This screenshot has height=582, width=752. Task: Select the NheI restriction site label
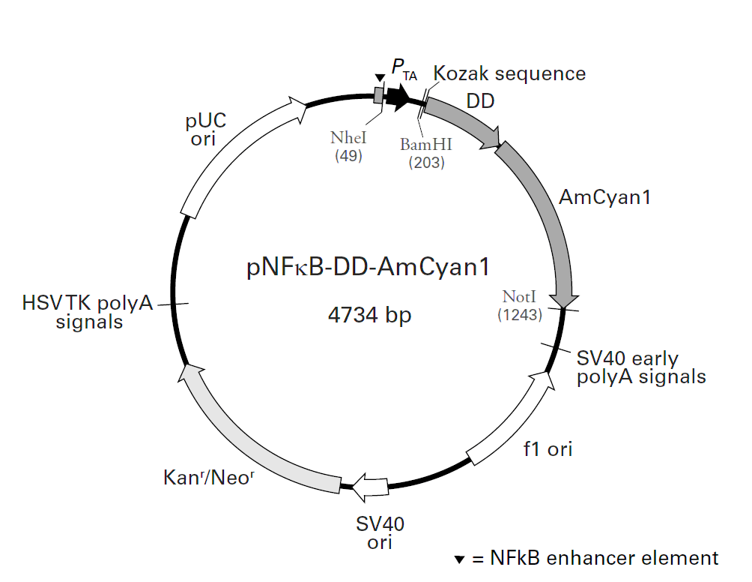(348, 139)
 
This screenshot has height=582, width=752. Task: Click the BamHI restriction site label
(426, 143)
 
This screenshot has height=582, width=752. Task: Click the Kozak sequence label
(509, 73)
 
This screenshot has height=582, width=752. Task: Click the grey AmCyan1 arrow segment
(547, 217)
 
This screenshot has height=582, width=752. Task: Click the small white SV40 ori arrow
(369, 487)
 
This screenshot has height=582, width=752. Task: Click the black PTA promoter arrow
(397, 94)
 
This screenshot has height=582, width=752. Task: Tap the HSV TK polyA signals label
(88, 312)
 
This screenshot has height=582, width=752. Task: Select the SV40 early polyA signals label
(641, 367)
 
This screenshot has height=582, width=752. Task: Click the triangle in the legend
(460, 559)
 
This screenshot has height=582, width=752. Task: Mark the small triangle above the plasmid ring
(379, 77)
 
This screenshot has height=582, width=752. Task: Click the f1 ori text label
(548, 449)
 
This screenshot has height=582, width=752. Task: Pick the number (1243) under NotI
(520, 315)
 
